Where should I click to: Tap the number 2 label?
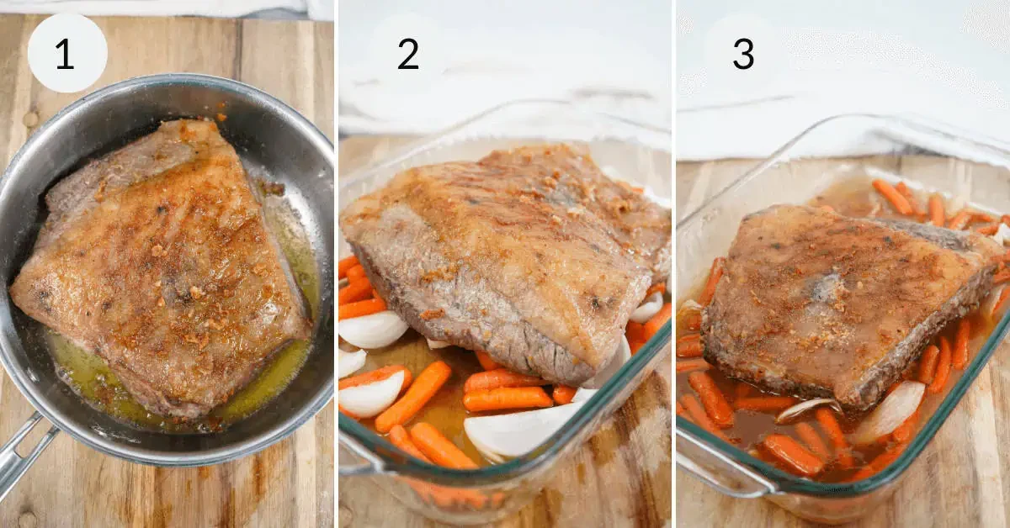pos(408,54)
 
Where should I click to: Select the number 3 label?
pos(742,54)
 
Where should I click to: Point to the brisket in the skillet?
pos(160,269)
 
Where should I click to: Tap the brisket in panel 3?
pos(842,286)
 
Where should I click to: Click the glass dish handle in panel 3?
pos(724,471)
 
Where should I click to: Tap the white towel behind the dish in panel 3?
pos(842,126)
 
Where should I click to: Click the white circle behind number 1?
pos(42,34)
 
